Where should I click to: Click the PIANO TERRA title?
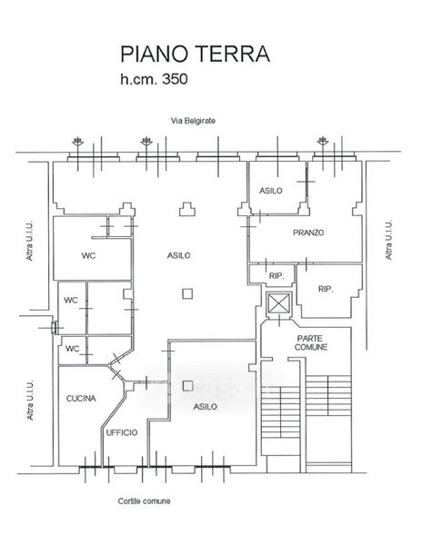[x=195, y=54]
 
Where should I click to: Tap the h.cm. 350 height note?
[x=154, y=79]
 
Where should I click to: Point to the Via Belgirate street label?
[x=193, y=121]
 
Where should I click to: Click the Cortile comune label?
[x=144, y=501]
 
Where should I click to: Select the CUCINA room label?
[x=81, y=399]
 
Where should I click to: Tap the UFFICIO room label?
[x=122, y=432]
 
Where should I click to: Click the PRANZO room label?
[x=308, y=233]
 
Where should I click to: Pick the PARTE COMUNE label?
[x=311, y=342]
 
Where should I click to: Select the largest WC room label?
[x=89, y=256]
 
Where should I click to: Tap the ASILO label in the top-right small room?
[x=271, y=191]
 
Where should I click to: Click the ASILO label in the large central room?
[x=179, y=255]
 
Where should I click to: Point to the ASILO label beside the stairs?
[x=206, y=407]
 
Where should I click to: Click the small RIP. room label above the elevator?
[x=276, y=276]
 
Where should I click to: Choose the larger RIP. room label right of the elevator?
[x=326, y=289]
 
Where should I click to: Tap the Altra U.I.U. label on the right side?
[x=388, y=240]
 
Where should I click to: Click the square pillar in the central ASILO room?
[x=187, y=294]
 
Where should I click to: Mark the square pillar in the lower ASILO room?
[x=188, y=385]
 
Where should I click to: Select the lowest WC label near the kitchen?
[x=73, y=349]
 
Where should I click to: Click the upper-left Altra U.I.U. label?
[x=29, y=240]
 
